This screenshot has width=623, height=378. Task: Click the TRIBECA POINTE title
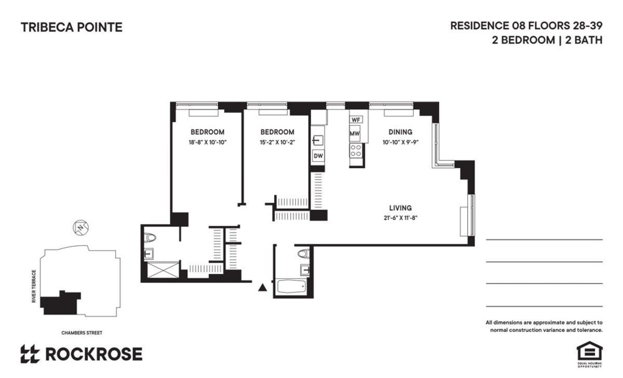pos(72,28)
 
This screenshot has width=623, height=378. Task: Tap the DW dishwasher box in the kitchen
pos(318,156)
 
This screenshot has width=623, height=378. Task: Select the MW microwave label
pos(355,133)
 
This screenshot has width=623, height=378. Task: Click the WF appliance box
pos(356,119)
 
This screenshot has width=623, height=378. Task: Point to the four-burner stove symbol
pos(356,151)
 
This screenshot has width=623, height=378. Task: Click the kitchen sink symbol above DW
pos(318,140)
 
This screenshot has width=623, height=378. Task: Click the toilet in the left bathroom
pos(151,238)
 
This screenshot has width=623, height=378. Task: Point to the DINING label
pos(400,132)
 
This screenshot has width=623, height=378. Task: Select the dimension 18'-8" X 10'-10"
pos(207,142)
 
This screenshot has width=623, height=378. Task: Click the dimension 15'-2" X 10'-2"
pos(277,142)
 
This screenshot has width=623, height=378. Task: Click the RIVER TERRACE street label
pos(34,286)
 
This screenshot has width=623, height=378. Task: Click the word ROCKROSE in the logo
pos(93,354)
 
